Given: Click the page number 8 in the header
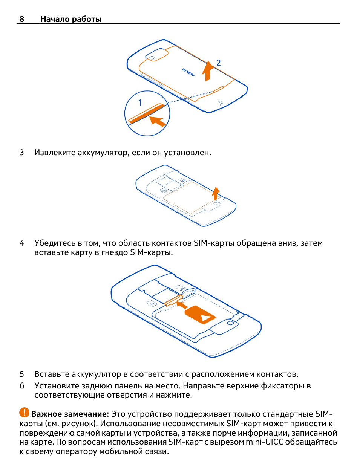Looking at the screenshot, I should point(22,19).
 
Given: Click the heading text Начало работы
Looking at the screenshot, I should point(71,19).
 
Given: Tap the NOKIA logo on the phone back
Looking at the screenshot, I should point(189,72).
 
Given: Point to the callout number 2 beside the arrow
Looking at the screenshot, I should point(218,63).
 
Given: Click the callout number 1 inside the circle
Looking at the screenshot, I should point(140,102).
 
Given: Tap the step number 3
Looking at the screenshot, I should point(22,153).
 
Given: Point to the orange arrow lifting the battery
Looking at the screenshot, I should point(215,193).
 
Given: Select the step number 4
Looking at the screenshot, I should point(22,243).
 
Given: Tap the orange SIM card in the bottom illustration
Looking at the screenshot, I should point(200,314).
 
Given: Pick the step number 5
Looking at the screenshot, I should point(22,374).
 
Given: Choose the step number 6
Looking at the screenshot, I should point(22,386).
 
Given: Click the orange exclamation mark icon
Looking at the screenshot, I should point(24,413).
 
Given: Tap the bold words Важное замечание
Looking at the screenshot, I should point(70,414).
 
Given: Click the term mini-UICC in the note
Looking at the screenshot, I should point(264,442).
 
